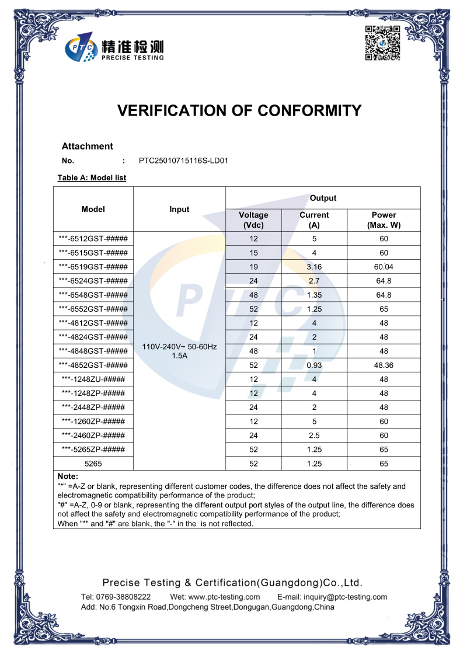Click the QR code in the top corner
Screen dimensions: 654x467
382,43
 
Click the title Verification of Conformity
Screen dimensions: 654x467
239,110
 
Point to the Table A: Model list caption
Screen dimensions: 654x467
92,178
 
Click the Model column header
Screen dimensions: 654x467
93,209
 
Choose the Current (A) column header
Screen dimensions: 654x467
314,220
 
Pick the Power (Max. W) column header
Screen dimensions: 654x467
384,220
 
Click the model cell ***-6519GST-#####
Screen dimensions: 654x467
93,267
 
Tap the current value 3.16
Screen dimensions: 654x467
314,267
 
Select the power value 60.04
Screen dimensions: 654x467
384,267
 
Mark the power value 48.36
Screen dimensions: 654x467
384,365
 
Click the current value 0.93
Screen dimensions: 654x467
314,365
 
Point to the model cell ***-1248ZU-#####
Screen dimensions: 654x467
93,379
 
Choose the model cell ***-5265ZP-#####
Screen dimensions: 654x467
93,449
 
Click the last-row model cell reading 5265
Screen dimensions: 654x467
93,464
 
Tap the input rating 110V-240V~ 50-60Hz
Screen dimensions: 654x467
179,346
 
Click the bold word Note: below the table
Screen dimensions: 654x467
68,476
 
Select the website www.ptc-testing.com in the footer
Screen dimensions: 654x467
224,597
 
